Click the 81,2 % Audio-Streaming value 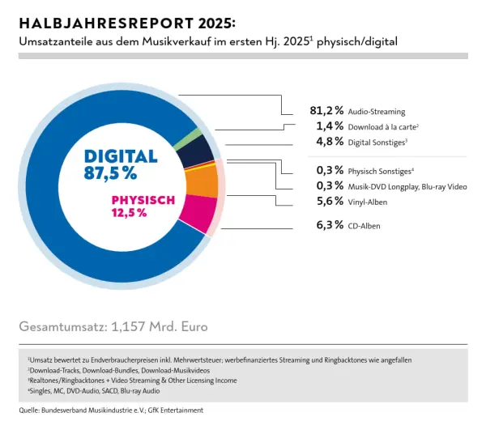pos(327,111)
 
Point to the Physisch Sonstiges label pos(380,171)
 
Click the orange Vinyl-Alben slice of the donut pos(202,182)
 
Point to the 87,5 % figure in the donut pos(110,172)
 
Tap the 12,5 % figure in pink pos(130,213)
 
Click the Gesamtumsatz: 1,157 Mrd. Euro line pos(113,327)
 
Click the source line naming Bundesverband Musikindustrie pos(111,411)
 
